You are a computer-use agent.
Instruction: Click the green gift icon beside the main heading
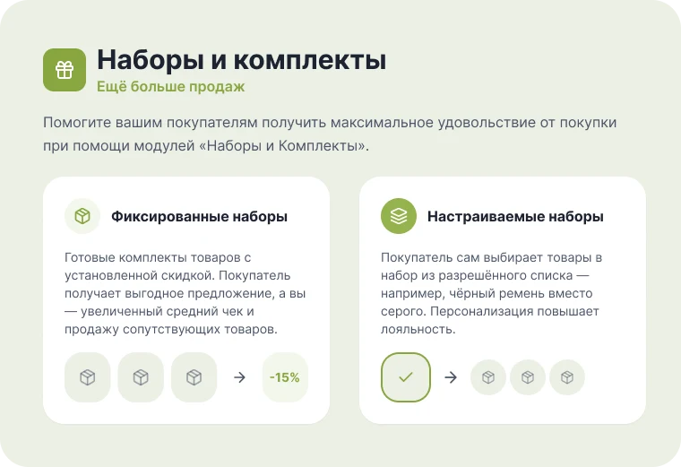pos(65,70)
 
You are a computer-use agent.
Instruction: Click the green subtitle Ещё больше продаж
pos(170,86)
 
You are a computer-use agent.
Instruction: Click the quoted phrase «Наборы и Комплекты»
pos(282,145)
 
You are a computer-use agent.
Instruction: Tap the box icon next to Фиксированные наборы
pos(82,216)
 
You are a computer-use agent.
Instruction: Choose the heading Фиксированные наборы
pos(199,216)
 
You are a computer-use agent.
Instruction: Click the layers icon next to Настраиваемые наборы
pos(399,216)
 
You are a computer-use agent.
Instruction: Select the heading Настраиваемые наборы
pos(515,216)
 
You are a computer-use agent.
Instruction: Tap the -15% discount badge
pos(285,377)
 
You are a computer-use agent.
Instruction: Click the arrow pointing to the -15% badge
pos(239,377)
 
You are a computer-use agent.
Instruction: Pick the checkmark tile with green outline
pos(406,377)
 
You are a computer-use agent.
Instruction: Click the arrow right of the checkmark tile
pos(451,377)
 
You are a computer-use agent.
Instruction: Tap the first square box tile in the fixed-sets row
pos(87,377)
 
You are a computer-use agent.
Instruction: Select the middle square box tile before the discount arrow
pos(141,377)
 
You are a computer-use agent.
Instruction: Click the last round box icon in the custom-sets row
pos(567,377)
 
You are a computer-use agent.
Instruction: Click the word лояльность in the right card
pos(418,329)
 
